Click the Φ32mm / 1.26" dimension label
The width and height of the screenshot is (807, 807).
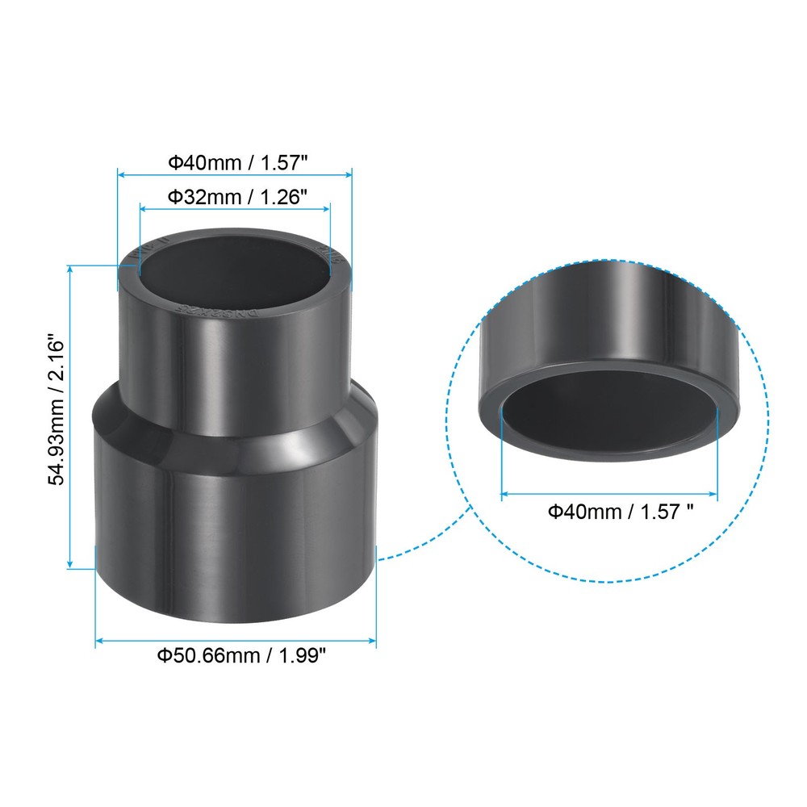pos(236,196)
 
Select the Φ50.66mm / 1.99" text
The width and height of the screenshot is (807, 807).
pos(240,655)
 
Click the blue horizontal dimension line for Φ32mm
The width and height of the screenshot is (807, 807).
pos(235,208)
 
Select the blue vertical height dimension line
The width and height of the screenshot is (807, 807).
pos(71,416)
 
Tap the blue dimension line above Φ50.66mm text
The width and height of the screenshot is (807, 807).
pos(236,642)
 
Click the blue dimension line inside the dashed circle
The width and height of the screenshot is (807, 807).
pos(609,492)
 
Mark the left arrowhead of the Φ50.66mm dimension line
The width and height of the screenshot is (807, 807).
pos(98,642)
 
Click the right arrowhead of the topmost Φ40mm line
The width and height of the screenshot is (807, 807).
pos(350,173)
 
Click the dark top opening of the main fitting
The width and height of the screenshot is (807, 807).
pos(236,270)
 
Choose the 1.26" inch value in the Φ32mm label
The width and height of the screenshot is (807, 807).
pos(282,196)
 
